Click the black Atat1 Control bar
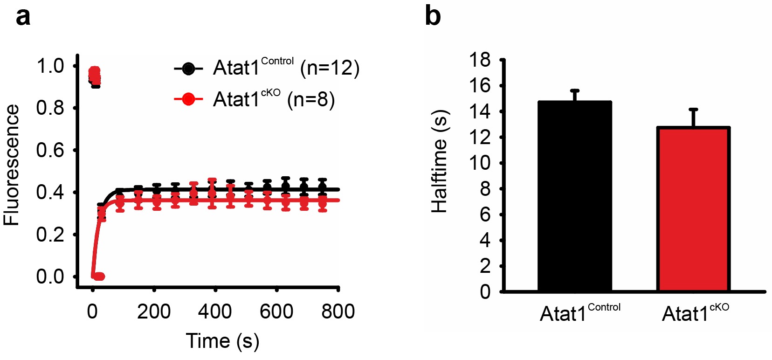click(x=574, y=196)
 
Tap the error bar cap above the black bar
click(x=574, y=90)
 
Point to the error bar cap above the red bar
click(x=693, y=110)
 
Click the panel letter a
click(x=23, y=17)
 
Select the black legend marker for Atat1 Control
click(x=188, y=69)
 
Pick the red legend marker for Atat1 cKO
click(x=188, y=99)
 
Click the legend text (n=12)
click(x=330, y=68)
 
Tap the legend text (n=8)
click(x=311, y=99)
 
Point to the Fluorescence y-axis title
click(x=12, y=166)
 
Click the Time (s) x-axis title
click(x=222, y=341)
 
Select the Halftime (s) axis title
click(x=439, y=162)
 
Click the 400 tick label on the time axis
click(x=214, y=312)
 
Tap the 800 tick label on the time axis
click(x=338, y=312)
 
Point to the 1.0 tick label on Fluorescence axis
click(x=50, y=66)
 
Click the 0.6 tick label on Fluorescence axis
click(x=50, y=150)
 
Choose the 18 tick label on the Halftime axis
click(x=480, y=60)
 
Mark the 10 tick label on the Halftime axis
click(x=480, y=163)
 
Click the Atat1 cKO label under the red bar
click(x=695, y=313)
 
